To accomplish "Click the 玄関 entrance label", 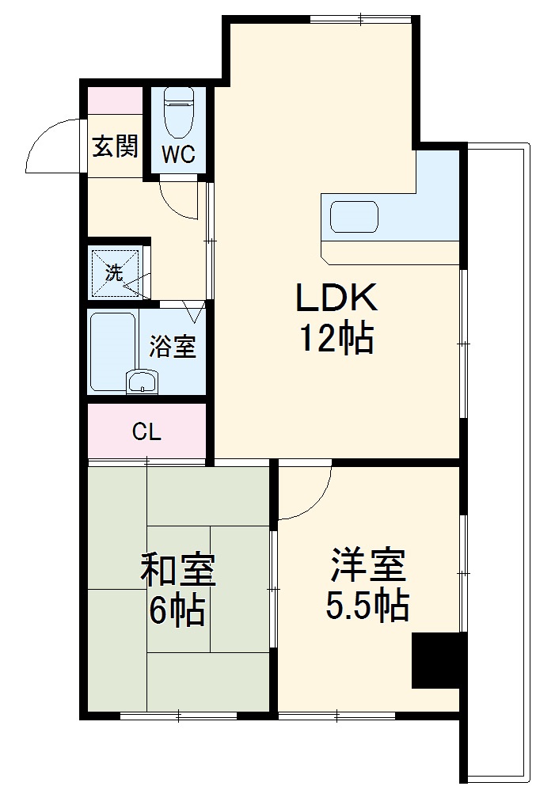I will click(115, 146).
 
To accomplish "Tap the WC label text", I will click(178, 154).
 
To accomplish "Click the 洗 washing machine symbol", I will click(116, 274).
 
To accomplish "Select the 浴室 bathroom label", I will click(173, 347).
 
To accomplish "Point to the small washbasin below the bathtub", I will click(143, 382).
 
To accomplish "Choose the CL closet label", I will click(146, 432).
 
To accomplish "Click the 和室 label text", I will click(178, 570).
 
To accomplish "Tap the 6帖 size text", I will click(177, 611).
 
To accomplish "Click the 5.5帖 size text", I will click(367, 606).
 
